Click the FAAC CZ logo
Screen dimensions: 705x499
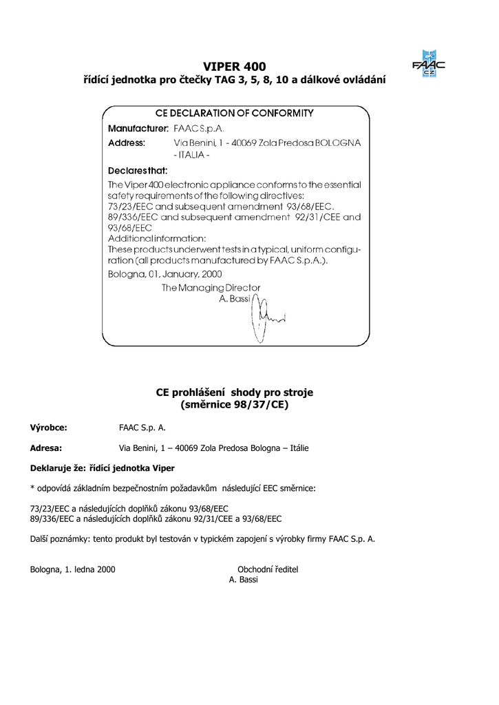point(428,64)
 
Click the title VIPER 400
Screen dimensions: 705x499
point(235,67)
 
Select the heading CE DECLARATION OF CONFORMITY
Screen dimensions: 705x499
point(235,113)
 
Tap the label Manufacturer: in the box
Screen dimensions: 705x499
point(138,128)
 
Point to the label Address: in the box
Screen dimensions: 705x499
point(127,143)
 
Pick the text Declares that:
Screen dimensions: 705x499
point(138,169)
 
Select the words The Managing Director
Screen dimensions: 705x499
point(211,287)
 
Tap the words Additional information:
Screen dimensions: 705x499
point(156,238)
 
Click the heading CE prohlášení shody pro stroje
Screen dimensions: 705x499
point(235,392)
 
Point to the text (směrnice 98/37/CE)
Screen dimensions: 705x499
point(235,405)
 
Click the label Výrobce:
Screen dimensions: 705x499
point(48,428)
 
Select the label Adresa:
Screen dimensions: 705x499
point(46,448)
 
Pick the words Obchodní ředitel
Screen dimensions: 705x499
point(268,569)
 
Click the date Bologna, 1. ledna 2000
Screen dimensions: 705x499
point(72,569)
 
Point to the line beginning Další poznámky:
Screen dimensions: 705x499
point(202,539)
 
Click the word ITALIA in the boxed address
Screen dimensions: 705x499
point(193,156)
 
